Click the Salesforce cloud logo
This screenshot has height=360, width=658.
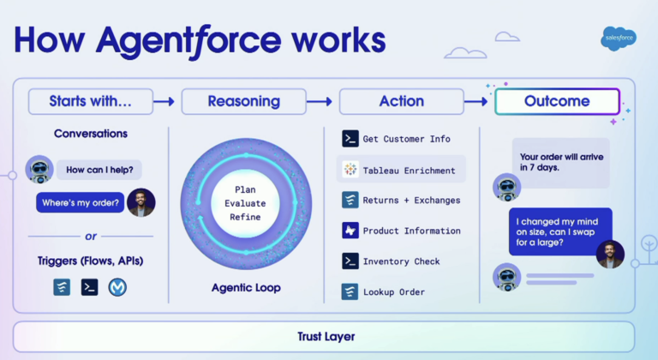pos(618,39)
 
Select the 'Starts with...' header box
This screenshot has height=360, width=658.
pos(91,101)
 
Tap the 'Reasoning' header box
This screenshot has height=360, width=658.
pos(243,101)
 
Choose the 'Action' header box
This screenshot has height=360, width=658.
pos(401,101)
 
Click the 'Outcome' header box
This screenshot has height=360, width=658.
pos(557,101)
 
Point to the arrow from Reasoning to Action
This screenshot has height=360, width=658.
pos(320,101)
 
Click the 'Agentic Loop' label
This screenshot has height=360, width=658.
pos(246,287)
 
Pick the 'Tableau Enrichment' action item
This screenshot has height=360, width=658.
pos(403,170)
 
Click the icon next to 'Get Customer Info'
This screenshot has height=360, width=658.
pos(350,139)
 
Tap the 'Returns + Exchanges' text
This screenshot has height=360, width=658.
pos(411,201)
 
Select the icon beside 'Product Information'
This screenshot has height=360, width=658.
pos(350,231)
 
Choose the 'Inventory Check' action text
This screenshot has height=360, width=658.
pos(401,261)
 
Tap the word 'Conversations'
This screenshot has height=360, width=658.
pos(91,134)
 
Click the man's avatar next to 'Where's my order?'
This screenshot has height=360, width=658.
pos(141,202)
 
